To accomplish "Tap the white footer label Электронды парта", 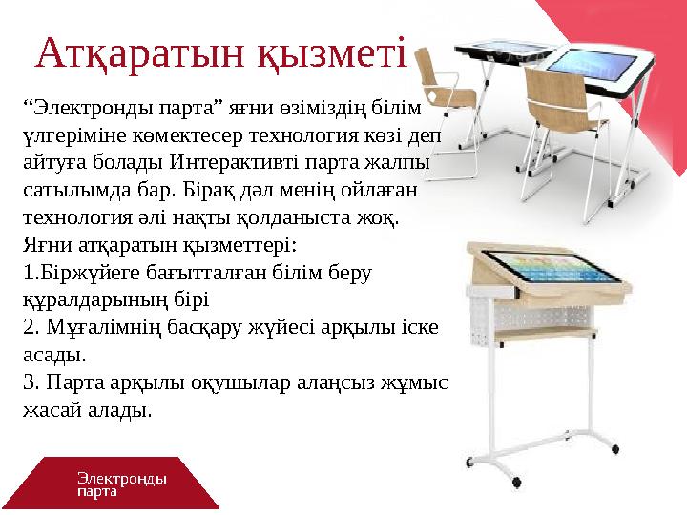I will (x=121, y=484).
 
